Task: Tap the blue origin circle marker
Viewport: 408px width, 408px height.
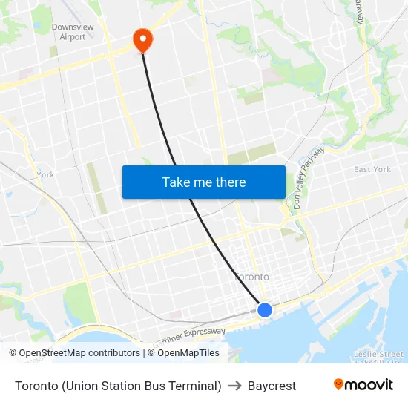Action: [265, 309]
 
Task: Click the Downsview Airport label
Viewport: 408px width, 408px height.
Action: [73, 32]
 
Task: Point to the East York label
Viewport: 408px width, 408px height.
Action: [372, 170]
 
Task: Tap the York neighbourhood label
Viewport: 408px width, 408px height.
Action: [45, 175]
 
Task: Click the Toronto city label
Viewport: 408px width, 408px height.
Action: [252, 277]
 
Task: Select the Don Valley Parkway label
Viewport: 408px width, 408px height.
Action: [309, 179]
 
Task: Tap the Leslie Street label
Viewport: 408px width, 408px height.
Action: [378, 354]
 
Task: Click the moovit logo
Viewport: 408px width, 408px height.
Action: [363, 385]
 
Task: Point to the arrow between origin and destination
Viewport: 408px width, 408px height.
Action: [234, 386]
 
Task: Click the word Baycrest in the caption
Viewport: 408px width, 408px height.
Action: [272, 386]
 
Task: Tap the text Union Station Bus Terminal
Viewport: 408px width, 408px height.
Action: [142, 386]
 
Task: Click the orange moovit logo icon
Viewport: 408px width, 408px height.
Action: [339, 384]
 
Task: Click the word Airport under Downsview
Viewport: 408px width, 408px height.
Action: [73, 37]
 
